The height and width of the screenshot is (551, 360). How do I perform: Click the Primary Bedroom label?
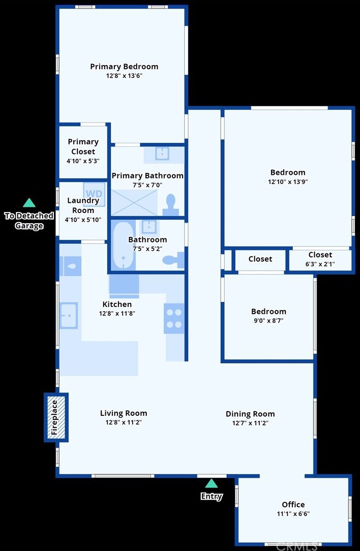tap(124, 67)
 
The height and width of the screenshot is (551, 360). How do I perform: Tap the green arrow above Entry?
tap(212, 483)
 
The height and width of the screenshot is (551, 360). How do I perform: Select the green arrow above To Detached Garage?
tap(29, 203)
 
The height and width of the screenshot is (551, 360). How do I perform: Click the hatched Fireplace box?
tap(56, 417)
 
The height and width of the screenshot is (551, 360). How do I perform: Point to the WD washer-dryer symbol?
tap(94, 194)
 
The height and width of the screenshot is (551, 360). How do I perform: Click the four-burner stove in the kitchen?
tap(174, 318)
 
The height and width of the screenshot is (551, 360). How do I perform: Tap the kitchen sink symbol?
tap(69, 315)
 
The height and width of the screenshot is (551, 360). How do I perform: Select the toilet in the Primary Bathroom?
tap(171, 205)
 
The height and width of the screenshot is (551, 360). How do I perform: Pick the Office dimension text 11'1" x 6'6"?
tap(293, 514)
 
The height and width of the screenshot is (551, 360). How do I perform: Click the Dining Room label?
tap(250, 414)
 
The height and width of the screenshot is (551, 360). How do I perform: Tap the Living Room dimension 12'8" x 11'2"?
tap(124, 422)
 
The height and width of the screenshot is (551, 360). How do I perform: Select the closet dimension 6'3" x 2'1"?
tap(320, 264)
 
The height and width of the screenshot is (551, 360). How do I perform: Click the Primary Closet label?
tap(83, 146)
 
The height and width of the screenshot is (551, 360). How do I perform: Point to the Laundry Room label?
tap(83, 205)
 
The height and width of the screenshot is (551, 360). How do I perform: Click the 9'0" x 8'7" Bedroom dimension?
tap(268, 320)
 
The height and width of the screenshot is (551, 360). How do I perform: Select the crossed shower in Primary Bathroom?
tap(134, 203)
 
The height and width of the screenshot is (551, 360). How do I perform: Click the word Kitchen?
tap(117, 304)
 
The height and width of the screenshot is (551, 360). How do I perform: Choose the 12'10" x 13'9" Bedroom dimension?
tap(288, 181)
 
